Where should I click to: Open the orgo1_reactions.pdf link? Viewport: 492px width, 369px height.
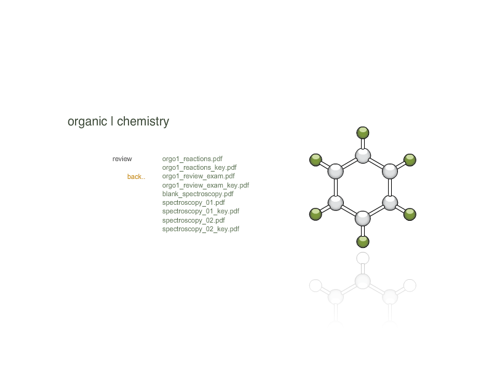pos(192,159)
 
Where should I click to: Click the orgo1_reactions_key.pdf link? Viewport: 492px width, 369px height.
pos(199,167)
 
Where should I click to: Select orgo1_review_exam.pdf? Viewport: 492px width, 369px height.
pos(198,177)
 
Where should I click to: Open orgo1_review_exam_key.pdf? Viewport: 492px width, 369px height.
pos(205,185)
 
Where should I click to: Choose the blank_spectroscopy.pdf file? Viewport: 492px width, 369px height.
pos(197,194)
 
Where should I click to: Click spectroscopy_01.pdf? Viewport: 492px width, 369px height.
pos(193,203)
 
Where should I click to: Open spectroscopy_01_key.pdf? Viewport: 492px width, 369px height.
pos(200,211)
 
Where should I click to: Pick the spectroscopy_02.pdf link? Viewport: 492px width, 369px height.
pos(193,220)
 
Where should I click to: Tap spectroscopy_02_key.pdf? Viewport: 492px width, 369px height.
pos(200,229)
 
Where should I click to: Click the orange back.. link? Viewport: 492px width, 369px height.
pos(136,177)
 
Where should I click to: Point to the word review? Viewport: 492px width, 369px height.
pos(122,159)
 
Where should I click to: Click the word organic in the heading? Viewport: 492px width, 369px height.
pos(87,122)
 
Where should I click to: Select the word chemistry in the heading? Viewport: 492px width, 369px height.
pos(143,122)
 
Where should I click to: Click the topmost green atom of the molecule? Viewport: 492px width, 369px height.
pos(363,132)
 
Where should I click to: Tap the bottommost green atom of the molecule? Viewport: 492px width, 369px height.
pos(363,242)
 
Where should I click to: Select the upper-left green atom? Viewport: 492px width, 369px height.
pos(315,160)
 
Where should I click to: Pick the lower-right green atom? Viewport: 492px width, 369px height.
pos(410,215)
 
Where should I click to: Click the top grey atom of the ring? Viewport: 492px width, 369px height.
pos(363,156)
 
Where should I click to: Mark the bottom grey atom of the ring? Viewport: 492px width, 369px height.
pos(363,218)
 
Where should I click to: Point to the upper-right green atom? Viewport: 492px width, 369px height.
pos(410,160)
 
